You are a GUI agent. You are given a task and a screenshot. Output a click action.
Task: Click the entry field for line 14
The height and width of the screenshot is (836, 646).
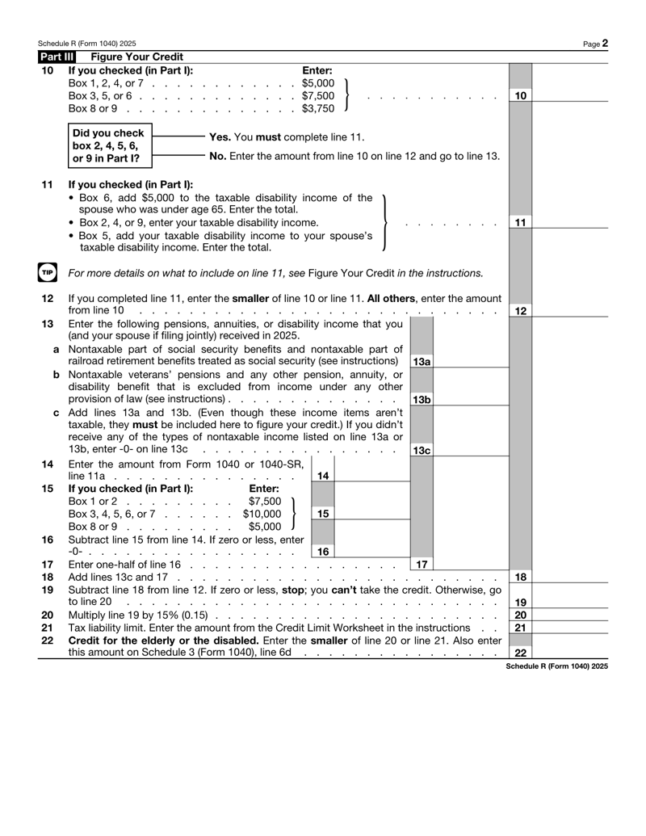pyautogui.click(x=356, y=476)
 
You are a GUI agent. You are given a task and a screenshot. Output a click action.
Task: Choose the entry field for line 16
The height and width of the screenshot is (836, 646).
pyautogui.click(x=356, y=552)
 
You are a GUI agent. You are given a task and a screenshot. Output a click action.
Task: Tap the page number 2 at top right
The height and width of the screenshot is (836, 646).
pyautogui.click(x=604, y=43)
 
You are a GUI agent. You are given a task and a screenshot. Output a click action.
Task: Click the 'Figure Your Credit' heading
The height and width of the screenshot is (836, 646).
pyautogui.click(x=136, y=57)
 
